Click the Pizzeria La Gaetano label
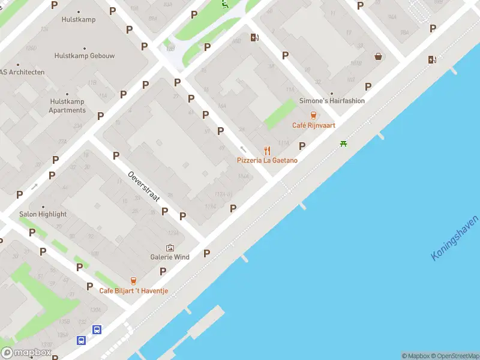267,160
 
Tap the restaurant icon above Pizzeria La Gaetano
268,151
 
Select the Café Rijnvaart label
313,125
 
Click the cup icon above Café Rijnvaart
313,115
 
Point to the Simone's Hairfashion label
332,101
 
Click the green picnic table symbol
343,143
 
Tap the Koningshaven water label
455,238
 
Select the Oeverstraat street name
143,185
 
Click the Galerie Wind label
170,257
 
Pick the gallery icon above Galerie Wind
170,247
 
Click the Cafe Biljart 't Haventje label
134,291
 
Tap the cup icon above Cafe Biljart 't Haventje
133,281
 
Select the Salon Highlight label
43,214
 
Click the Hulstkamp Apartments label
67,106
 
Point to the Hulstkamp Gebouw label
84,55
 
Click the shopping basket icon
379,56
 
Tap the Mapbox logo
26,353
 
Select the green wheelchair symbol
224,5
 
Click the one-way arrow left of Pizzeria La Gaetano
243,149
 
